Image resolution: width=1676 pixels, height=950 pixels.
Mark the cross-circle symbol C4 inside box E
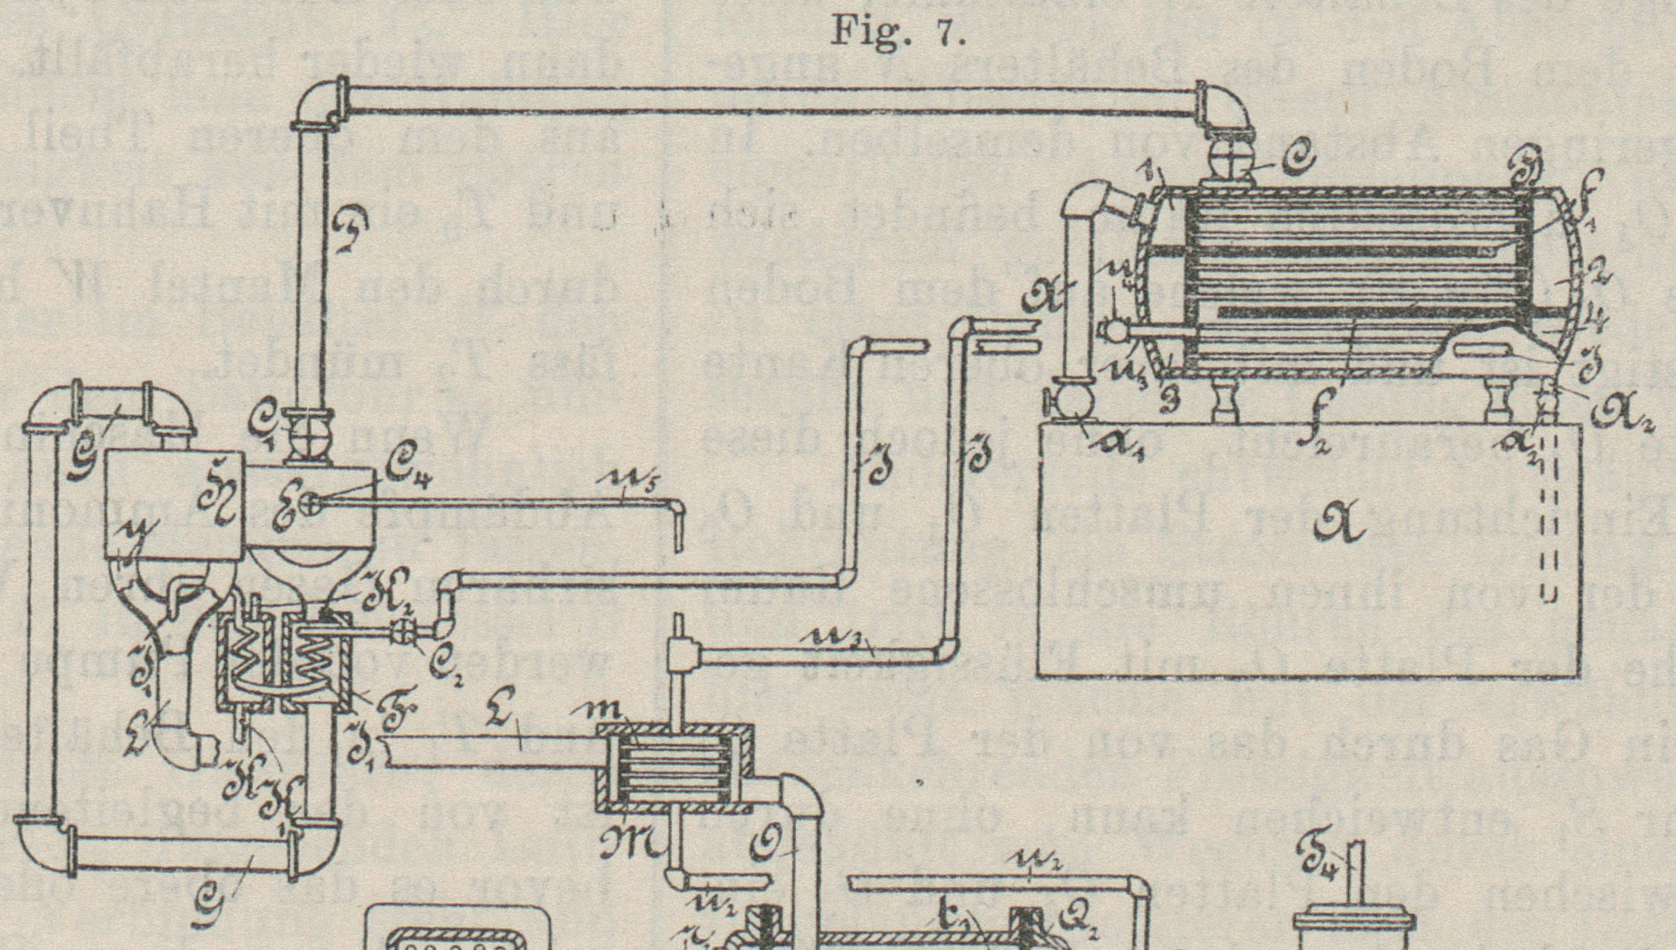tap(310, 500)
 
